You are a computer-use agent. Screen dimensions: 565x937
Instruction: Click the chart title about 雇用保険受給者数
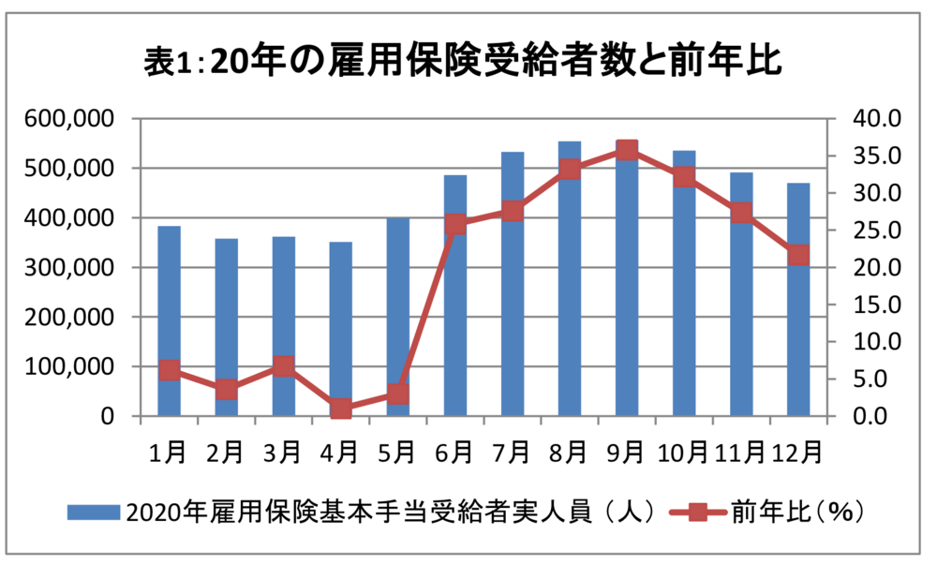coord(464,62)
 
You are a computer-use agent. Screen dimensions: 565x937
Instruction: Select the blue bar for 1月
coord(169,300)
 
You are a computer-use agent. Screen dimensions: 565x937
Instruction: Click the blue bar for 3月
coord(284,309)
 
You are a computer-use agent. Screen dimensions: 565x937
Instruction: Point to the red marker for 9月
coord(627,150)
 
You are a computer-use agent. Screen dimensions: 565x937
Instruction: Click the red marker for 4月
coord(341,409)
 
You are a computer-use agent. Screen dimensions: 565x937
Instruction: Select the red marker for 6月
coord(455,225)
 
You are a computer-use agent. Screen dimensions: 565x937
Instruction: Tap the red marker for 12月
coord(798,255)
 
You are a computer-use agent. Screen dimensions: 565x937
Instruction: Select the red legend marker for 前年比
coord(698,512)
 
